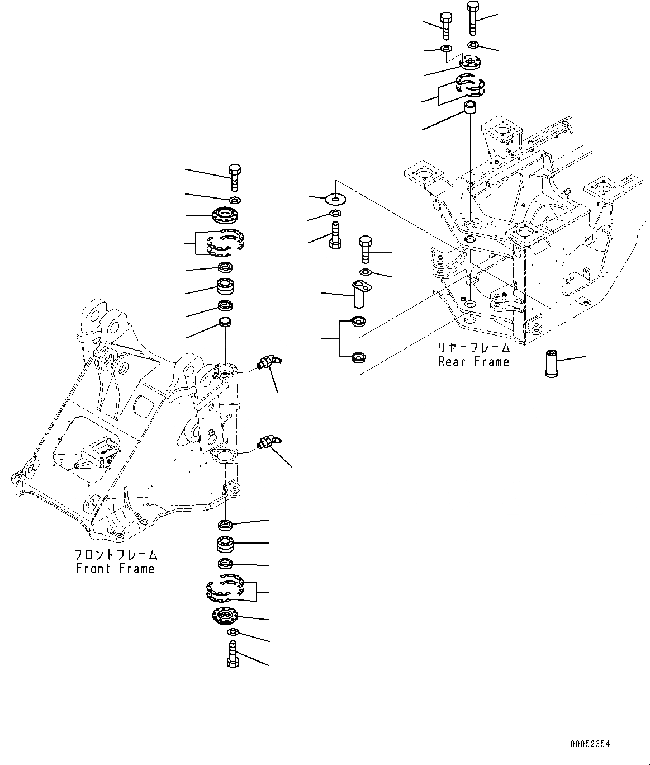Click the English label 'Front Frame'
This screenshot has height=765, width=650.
point(115,569)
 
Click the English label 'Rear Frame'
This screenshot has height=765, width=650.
point(473,362)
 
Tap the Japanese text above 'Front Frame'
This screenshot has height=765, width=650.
point(116,555)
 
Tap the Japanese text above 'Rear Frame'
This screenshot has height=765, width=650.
point(473,348)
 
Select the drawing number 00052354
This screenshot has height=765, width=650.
point(590,744)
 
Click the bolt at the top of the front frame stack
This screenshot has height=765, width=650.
point(235,178)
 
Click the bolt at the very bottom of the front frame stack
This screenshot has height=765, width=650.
point(234,654)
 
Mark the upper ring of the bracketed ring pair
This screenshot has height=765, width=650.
point(357,322)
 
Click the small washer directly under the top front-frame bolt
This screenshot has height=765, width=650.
point(235,200)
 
